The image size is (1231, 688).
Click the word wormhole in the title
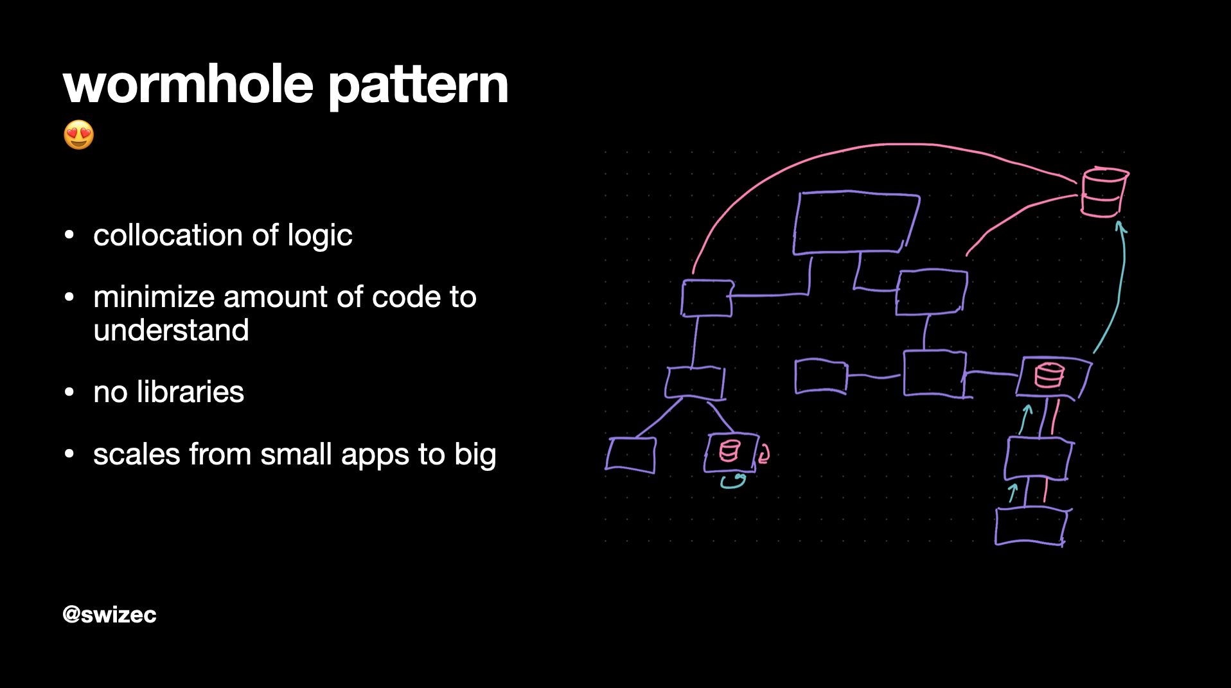pos(188,84)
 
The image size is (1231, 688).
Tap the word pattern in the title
pos(418,87)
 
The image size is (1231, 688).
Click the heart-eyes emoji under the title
pos(79,135)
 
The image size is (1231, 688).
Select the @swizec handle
pos(109,615)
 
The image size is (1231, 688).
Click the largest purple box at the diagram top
pos(856,223)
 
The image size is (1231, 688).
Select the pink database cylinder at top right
pos(1104,192)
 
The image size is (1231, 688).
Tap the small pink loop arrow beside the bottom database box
pos(763,454)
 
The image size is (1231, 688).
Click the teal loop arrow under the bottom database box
pos(733,482)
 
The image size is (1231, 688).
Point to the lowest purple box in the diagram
pos(1032,527)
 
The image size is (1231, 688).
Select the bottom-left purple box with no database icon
pos(631,455)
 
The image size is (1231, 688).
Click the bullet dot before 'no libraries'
pos(69,392)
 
